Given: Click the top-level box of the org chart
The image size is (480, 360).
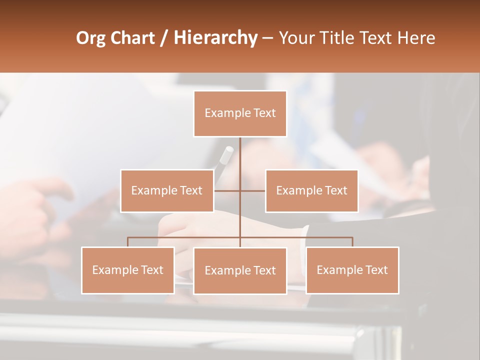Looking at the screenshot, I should pos(240,113).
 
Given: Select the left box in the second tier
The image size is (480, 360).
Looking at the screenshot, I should pos(167,190).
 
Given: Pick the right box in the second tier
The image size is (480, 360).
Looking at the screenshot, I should pos(311,190).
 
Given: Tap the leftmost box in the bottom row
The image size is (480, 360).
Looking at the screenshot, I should pos(128,270).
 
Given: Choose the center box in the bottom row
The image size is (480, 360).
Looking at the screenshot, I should pos(240,270).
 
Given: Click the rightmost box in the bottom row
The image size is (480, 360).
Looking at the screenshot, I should pos(352,270).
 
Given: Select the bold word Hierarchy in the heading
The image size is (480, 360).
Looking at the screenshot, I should pos(215,38).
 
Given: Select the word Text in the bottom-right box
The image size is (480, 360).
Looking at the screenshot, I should pos(376,270).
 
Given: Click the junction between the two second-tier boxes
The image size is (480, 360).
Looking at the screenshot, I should pos(240,190).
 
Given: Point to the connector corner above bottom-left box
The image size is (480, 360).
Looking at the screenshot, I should pos(128,238).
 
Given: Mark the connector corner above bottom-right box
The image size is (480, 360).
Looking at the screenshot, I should pos(352,238).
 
